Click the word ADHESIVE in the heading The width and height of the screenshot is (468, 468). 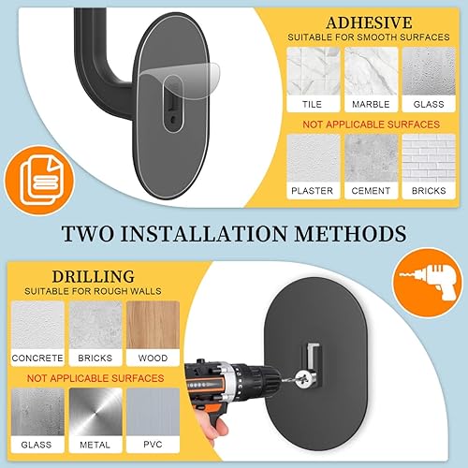point(369,22)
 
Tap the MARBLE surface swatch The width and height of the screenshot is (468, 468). point(371,71)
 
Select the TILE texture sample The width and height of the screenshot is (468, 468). point(314,71)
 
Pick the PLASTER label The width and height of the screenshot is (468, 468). point(313,191)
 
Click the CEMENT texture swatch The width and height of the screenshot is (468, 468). point(371,158)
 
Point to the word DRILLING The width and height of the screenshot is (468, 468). point(94,276)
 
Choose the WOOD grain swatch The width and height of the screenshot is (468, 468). point(153,325)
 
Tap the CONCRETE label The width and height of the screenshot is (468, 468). point(37,358)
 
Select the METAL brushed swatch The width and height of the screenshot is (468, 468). point(95,412)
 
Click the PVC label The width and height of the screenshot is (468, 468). point(153,445)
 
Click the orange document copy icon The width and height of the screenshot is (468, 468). point(39,181)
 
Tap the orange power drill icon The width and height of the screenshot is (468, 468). point(428,283)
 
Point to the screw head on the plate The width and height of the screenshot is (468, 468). point(301,378)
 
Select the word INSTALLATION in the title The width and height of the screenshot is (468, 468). point(204,233)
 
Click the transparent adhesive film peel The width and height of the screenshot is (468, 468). point(180,80)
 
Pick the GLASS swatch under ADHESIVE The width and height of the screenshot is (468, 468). point(429,71)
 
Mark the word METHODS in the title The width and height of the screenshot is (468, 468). point(351,233)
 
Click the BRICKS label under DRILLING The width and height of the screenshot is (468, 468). point(95,358)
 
